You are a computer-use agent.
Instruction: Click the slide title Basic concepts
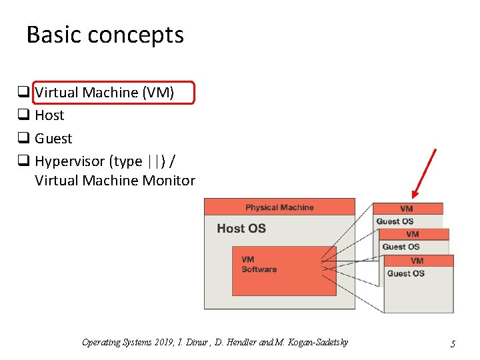105,35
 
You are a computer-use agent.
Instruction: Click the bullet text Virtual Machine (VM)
104,93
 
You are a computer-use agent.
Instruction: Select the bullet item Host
49,115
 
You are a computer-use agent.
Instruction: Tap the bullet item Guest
53,139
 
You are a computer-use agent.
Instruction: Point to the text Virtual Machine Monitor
115,181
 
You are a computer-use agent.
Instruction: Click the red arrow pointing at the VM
424,173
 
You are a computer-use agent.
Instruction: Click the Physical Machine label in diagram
279,207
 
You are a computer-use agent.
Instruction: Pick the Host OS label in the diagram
241,229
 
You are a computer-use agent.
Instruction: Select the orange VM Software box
284,271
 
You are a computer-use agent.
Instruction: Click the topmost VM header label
407,209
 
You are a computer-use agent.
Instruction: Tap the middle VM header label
413,234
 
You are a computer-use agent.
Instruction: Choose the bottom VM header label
417,261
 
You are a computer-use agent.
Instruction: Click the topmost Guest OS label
395,221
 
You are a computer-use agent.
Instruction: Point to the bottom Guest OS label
405,273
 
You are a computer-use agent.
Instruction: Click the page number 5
453,344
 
